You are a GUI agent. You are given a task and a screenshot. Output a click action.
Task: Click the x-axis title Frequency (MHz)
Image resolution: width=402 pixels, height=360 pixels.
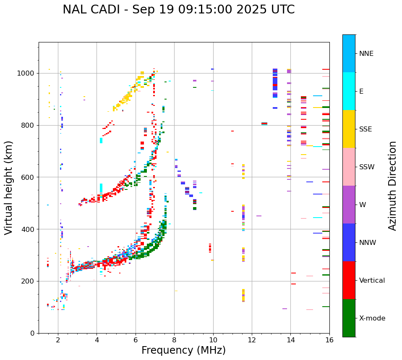183,350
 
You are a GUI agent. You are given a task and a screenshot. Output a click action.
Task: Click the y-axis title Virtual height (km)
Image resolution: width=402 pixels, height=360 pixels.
9,187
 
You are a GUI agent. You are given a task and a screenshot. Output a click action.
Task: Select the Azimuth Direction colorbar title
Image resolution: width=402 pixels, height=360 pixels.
392,186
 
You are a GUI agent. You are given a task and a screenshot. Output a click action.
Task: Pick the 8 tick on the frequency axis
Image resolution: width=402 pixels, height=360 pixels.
174,340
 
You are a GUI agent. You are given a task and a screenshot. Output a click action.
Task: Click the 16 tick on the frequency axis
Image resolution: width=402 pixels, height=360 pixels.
329,340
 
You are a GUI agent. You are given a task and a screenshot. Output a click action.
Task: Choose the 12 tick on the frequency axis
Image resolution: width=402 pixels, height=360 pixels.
252,340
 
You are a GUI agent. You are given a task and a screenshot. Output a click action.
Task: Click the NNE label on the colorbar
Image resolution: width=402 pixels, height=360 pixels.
366,54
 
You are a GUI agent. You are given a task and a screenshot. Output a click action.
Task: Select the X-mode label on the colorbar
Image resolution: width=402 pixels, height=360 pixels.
372,318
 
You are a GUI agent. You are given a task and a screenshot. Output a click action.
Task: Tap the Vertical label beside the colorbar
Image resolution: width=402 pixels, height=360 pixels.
372,281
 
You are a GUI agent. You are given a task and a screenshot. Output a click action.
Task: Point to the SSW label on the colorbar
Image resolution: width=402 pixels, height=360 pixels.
366,167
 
